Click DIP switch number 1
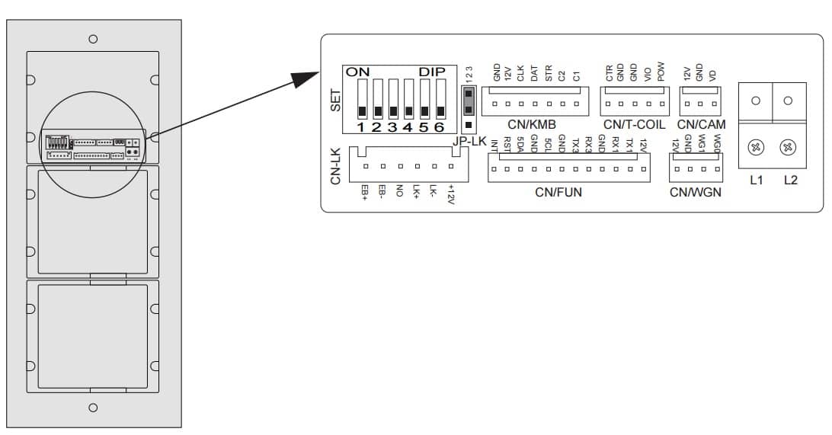(361, 102)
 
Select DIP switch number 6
(440, 102)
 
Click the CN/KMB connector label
(531, 124)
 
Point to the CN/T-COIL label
(634, 124)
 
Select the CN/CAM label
(701, 124)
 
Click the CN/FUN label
(558, 192)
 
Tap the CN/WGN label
(696, 192)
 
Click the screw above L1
(756, 148)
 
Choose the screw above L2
(789, 148)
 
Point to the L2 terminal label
(790, 181)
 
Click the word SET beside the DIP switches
(336, 100)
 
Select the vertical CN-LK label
(335, 167)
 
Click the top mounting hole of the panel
(93, 38)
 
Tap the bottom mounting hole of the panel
(93, 408)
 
